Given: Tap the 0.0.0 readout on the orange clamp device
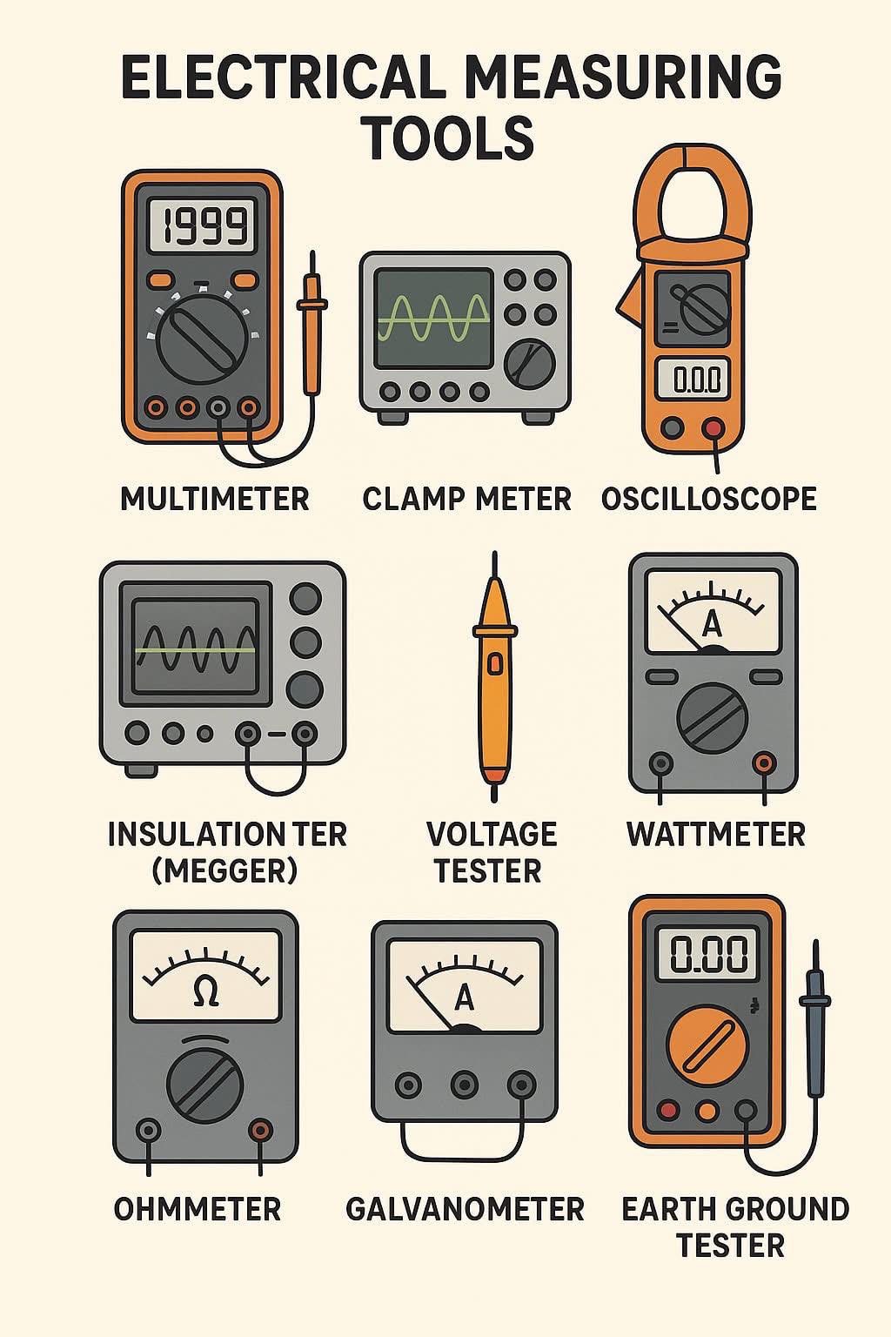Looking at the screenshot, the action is pos(693,380).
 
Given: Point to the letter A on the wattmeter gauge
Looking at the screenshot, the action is pos(712,625).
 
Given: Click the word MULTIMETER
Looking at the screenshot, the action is pos(215,499).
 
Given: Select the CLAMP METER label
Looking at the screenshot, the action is pos(466,499).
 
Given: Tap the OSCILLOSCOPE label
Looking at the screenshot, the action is pos(708,499).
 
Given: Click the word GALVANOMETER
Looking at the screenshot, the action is pos(465,1209).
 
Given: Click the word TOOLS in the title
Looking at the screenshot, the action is pos(449,138).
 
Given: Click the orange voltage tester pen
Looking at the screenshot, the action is pos(493,676).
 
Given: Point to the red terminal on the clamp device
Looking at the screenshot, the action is pos(712,427).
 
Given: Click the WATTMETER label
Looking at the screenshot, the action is pos(716,834).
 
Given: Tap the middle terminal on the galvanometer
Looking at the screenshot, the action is pos(465,1084).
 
